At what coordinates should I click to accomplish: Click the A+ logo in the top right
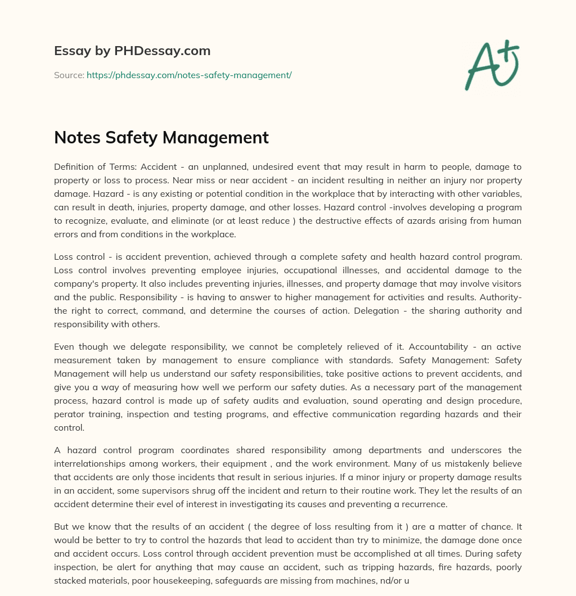point(492,65)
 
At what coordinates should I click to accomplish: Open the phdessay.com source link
point(189,75)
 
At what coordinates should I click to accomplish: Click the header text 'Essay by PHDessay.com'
point(132,51)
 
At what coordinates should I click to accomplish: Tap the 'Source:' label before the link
point(69,75)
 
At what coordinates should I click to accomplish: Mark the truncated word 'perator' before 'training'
point(69,414)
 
